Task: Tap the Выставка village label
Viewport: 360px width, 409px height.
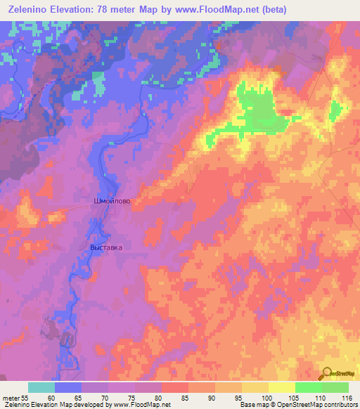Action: [x=106, y=247]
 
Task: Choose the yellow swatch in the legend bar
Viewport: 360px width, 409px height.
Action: [x=282, y=387]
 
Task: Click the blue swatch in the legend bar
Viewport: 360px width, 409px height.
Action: [x=68, y=387]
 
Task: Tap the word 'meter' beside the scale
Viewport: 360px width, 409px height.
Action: [x=11, y=398]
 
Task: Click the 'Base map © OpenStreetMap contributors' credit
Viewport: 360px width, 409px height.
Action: [x=298, y=405]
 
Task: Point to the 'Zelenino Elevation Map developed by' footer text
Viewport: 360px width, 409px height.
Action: [x=60, y=405]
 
